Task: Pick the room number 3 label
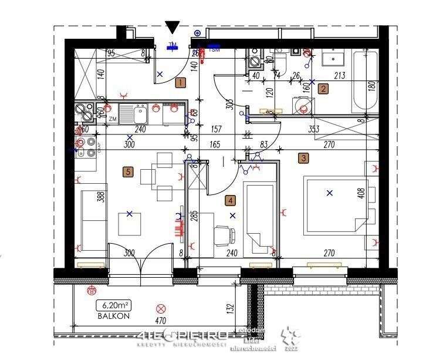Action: click(303, 157)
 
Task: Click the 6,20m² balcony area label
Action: click(114, 305)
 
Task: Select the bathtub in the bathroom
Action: click(365, 82)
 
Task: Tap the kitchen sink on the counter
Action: click(139, 113)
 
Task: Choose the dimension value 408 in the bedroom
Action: click(361, 192)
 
